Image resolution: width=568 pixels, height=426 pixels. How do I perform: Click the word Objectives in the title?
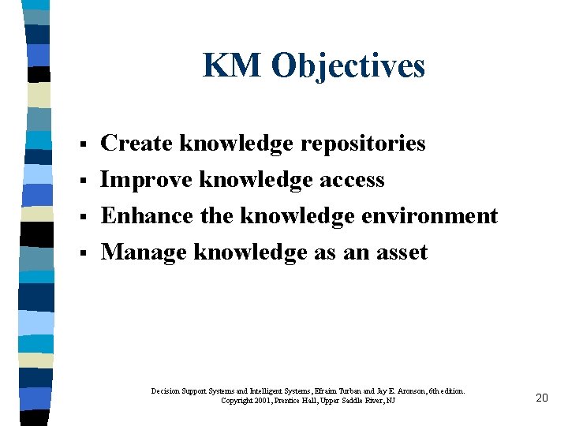pos(348,67)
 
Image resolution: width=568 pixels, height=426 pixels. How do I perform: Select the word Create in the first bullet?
pos(137,143)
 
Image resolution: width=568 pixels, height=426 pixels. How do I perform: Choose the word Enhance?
pos(147,215)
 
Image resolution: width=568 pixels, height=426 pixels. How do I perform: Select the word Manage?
pos(144,252)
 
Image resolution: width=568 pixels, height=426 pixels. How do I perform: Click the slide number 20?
pos(541,398)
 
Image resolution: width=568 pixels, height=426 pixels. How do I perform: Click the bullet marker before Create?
pos(82,144)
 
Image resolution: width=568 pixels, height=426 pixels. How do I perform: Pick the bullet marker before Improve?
pos(82,181)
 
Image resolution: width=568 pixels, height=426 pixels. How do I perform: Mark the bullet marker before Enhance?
pos(82,217)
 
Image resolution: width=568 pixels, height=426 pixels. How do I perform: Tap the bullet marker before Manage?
pos(82,253)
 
